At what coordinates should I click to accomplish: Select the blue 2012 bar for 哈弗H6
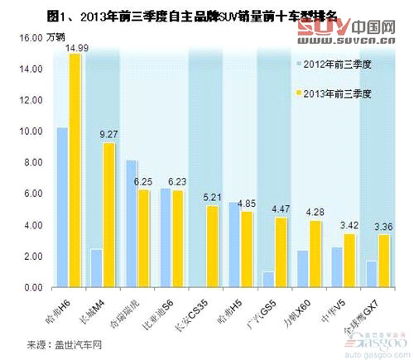[62, 207]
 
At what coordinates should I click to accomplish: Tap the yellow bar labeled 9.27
[109, 215]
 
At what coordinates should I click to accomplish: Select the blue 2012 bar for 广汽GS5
[268, 279]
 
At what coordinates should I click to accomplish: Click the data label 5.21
[213, 197]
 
